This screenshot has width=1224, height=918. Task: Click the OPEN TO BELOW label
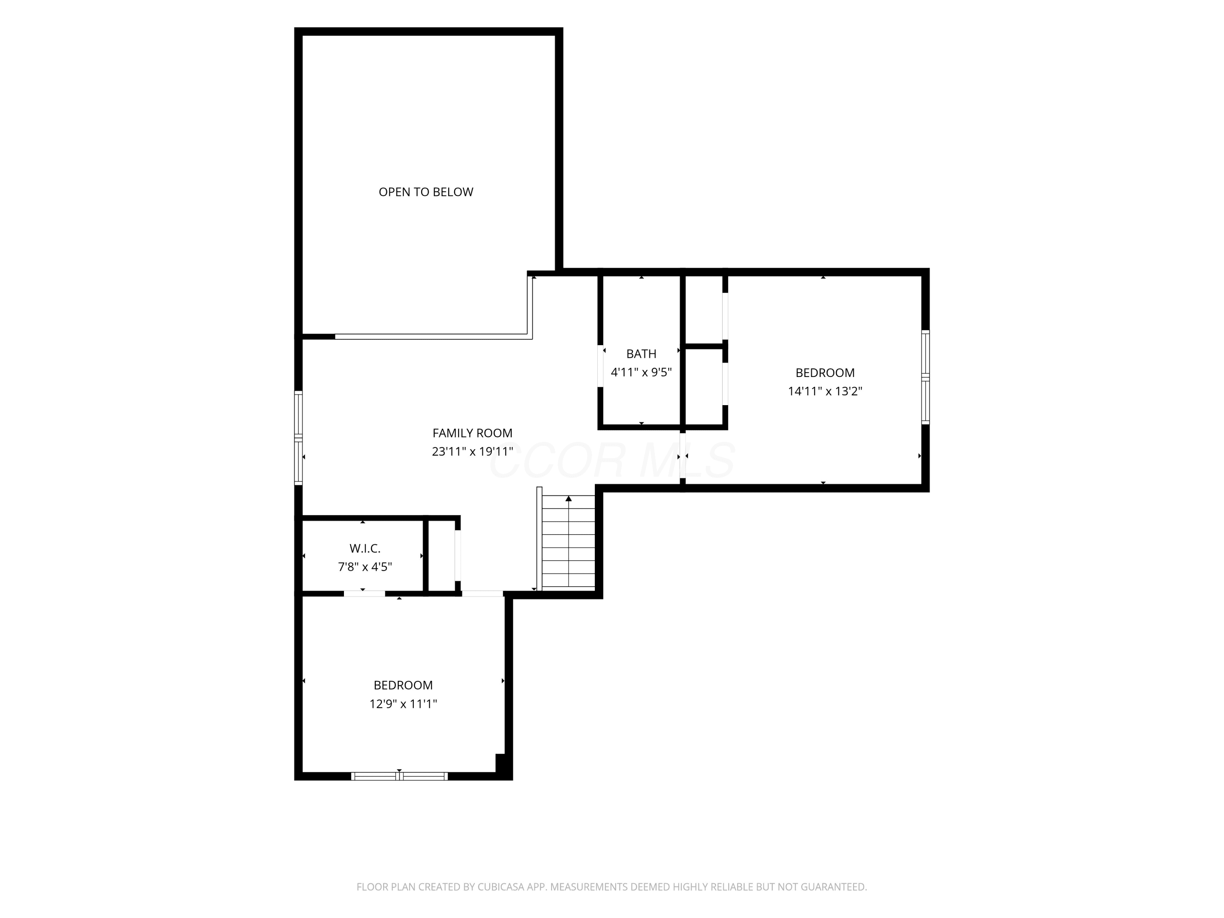tap(426, 192)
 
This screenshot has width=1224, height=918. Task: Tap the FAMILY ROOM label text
tap(472, 433)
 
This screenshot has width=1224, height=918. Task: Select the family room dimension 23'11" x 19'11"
tap(472, 452)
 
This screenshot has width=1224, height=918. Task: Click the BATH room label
tap(641, 354)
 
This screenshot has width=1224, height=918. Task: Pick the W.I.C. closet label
tap(365, 548)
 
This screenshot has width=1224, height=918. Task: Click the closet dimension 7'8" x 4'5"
tap(365, 567)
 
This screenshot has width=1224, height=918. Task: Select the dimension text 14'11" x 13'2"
tap(825, 391)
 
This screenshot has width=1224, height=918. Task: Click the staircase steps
tap(568, 541)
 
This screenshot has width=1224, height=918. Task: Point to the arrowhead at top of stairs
tap(568, 499)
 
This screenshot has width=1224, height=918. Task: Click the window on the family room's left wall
tap(298, 438)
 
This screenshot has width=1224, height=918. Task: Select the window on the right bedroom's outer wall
tap(925, 377)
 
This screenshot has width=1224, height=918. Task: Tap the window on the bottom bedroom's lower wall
tap(399, 776)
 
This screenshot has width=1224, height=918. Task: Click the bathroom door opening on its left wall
tap(601, 366)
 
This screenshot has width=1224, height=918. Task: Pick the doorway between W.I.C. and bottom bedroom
tap(364, 594)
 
